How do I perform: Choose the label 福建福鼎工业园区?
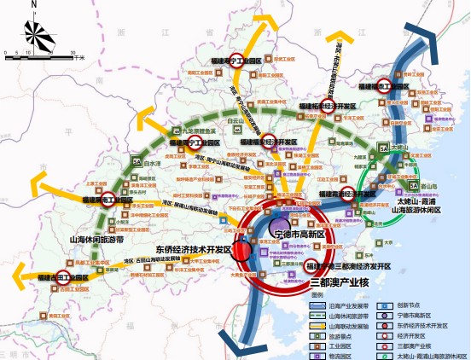(386, 87)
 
